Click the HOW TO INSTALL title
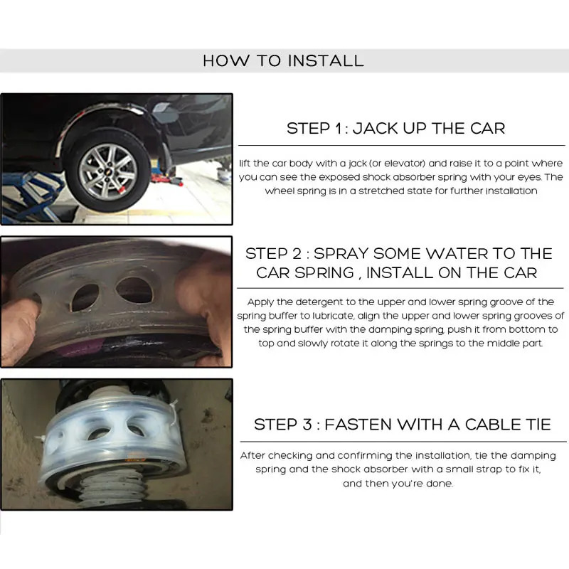(283, 60)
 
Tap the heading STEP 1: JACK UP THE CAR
(396, 129)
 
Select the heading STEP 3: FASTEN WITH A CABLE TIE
(403, 424)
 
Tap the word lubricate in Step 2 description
(329, 316)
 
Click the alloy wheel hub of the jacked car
(107, 171)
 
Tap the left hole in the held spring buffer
(85, 297)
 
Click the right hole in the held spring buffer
(134, 290)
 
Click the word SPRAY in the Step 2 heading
(341, 253)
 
